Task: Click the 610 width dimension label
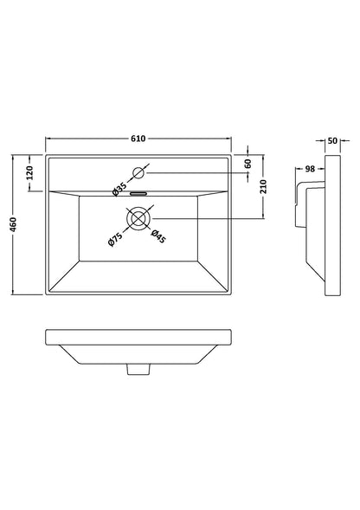[138, 139]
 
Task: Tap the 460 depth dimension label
[13, 225]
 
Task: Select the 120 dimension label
[29, 172]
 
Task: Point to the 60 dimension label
[248, 164]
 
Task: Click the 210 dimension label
[264, 187]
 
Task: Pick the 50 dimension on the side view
[332, 141]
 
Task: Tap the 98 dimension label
[311, 169]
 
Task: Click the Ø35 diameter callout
[119, 190]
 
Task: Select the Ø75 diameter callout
[115, 239]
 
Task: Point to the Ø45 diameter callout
[158, 236]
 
